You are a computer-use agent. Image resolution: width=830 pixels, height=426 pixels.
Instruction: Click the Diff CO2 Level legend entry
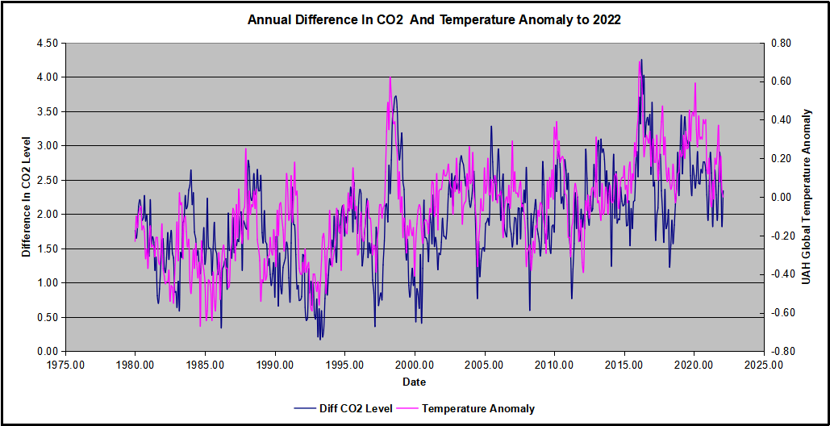pyautogui.click(x=355, y=408)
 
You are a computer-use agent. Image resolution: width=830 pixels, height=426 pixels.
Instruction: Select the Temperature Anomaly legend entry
pyautogui.click(x=478, y=408)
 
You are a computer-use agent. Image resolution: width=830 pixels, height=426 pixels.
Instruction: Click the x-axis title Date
pyautogui.click(x=415, y=382)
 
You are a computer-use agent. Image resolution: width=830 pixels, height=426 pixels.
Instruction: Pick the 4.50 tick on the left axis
pyautogui.click(x=48, y=43)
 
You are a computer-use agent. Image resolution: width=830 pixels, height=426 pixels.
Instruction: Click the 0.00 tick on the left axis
pyautogui.click(x=48, y=351)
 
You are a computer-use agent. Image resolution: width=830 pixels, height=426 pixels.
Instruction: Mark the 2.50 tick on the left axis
pyautogui.click(x=48, y=180)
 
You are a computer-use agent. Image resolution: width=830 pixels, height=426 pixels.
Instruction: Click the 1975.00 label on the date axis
pyautogui.click(x=65, y=365)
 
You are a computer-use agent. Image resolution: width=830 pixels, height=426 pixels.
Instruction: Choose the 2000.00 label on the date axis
pyautogui.click(x=415, y=365)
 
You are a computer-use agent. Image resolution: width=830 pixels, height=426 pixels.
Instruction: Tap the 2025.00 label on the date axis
pyautogui.click(x=764, y=365)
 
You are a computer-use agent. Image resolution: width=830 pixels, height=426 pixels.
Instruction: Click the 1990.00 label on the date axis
pyautogui.click(x=275, y=365)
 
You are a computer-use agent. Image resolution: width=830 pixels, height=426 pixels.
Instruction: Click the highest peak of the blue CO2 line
pyautogui.click(x=641, y=60)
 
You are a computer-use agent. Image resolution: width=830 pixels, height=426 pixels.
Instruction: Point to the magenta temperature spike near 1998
pyautogui.click(x=390, y=77)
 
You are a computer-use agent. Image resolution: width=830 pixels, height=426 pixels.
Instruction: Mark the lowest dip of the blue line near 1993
pyautogui.click(x=319, y=338)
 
